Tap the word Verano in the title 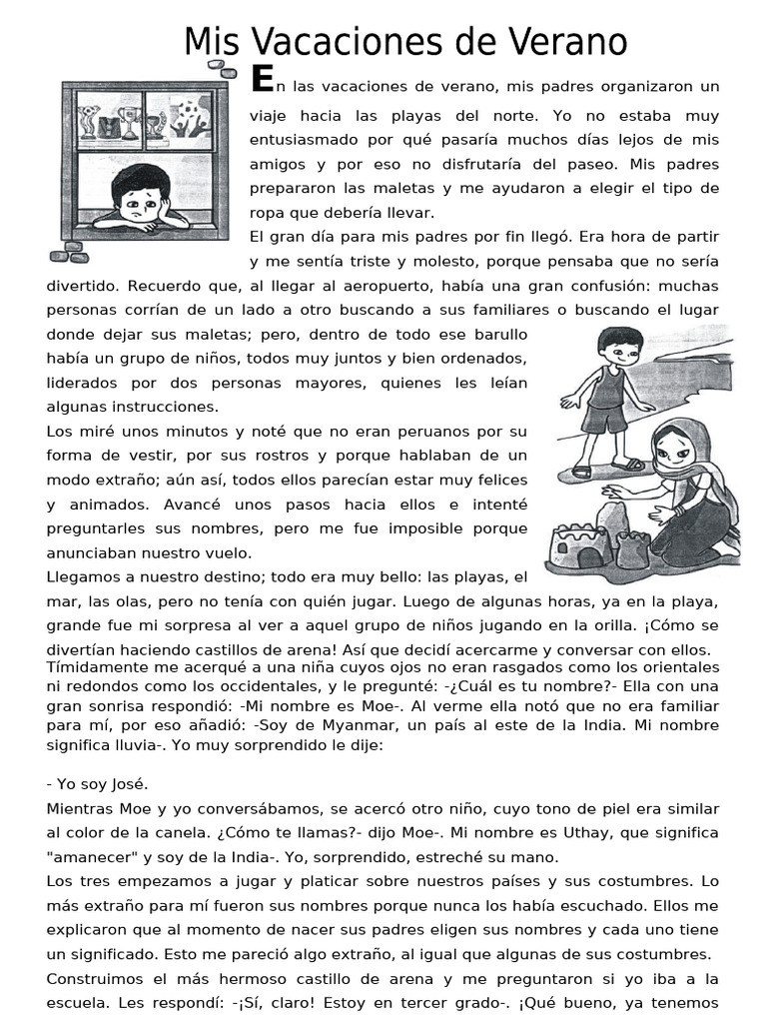(567, 42)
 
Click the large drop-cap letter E (262, 78)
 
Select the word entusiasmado (307, 139)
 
